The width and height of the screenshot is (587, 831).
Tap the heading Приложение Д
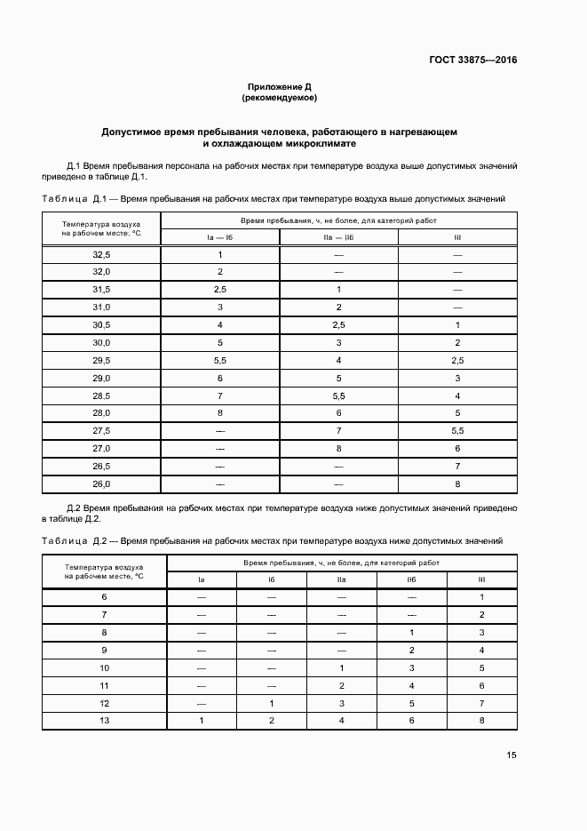pyautogui.click(x=279, y=87)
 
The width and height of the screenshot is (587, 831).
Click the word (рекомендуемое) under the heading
pyautogui.click(x=279, y=98)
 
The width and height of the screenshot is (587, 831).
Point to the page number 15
pyautogui.click(x=512, y=755)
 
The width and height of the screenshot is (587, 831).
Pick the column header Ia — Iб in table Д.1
pyautogui.click(x=219, y=237)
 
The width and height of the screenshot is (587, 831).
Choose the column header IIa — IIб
pyautogui.click(x=338, y=237)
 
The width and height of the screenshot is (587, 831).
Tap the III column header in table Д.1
pyautogui.click(x=457, y=237)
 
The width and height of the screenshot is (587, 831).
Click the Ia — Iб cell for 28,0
pyautogui.click(x=219, y=413)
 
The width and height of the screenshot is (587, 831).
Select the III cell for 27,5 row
pyautogui.click(x=457, y=431)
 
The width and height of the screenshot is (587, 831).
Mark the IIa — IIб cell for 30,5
pyautogui.click(x=338, y=325)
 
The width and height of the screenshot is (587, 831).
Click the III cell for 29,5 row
pyautogui.click(x=457, y=361)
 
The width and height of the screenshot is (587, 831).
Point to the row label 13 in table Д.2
pyautogui.click(x=104, y=720)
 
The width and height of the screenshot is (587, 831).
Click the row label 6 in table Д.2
pyautogui.click(x=104, y=596)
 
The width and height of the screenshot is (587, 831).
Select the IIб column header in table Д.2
pyautogui.click(x=411, y=579)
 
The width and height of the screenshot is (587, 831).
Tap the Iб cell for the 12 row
pyautogui.click(x=272, y=702)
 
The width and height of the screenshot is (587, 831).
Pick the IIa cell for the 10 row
pyautogui.click(x=342, y=667)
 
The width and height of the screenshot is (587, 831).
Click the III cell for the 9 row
pyautogui.click(x=481, y=650)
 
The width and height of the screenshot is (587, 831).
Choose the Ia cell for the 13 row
pyautogui.click(x=202, y=720)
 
